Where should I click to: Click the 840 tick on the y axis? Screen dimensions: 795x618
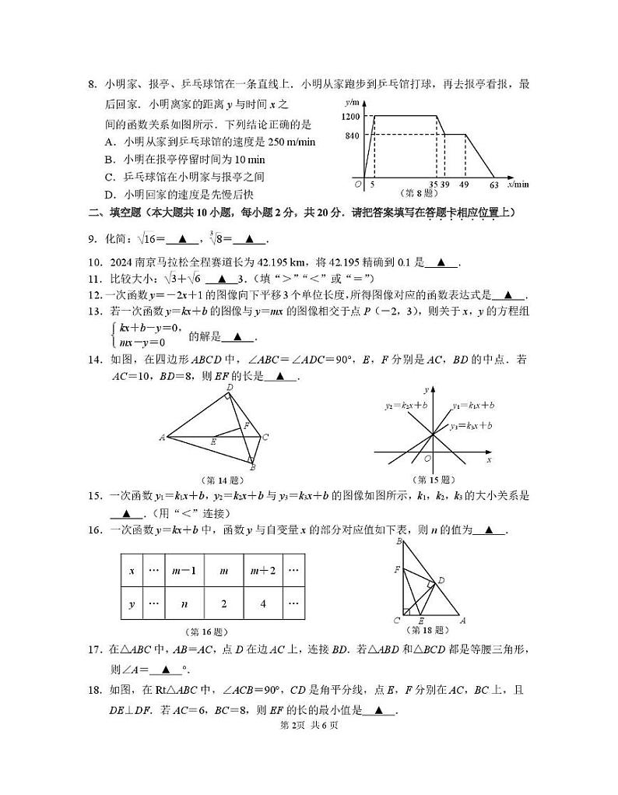pyautogui.click(x=352, y=135)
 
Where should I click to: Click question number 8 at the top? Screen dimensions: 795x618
pyautogui.click(x=91, y=84)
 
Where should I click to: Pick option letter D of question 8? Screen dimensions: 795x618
pyautogui.click(x=109, y=195)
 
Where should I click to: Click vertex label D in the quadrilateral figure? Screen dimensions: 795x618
pyautogui.click(x=230, y=387)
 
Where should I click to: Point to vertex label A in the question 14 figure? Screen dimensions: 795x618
pyautogui.click(x=162, y=438)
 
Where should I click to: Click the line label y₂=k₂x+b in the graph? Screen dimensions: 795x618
pyautogui.click(x=406, y=406)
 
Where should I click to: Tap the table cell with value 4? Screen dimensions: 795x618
pyautogui.click(x=262, y=603)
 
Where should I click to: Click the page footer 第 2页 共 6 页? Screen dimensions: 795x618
pyautogui.click(x=309, y=725)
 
